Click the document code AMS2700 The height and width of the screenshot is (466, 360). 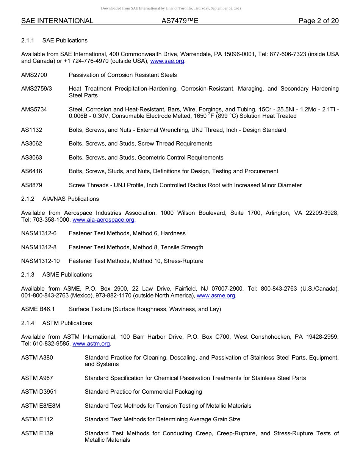coord(34,75)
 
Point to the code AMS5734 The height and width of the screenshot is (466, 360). coord(34,109)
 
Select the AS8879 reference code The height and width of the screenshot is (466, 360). coord(31,185)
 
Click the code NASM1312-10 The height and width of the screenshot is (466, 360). coord(40,261)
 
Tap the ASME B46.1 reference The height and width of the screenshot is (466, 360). coord(38,309)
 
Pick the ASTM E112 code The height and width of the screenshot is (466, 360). coord(37,419)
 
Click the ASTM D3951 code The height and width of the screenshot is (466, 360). coord(39,392)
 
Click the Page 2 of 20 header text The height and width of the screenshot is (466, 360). coord(318,21)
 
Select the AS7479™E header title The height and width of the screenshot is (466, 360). coord(180,21)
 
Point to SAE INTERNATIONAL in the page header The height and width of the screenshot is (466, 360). coord(57,21)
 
